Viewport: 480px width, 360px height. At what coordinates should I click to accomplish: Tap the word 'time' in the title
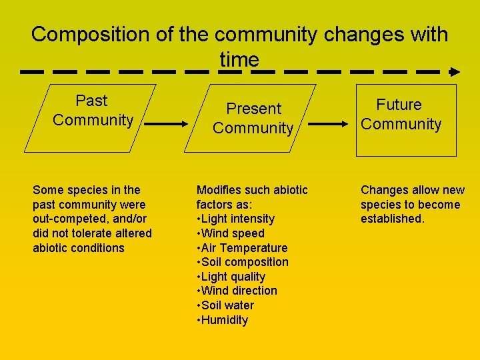239,59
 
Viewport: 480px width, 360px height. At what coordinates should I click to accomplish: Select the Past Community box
93,118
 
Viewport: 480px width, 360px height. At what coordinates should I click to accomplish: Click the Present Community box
253,118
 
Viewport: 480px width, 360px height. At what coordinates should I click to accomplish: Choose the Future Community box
406,120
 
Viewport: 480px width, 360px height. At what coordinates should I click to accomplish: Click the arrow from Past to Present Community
167,123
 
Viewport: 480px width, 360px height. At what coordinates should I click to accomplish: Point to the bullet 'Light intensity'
237,219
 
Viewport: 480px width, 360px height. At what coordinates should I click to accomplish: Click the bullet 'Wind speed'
233,233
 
